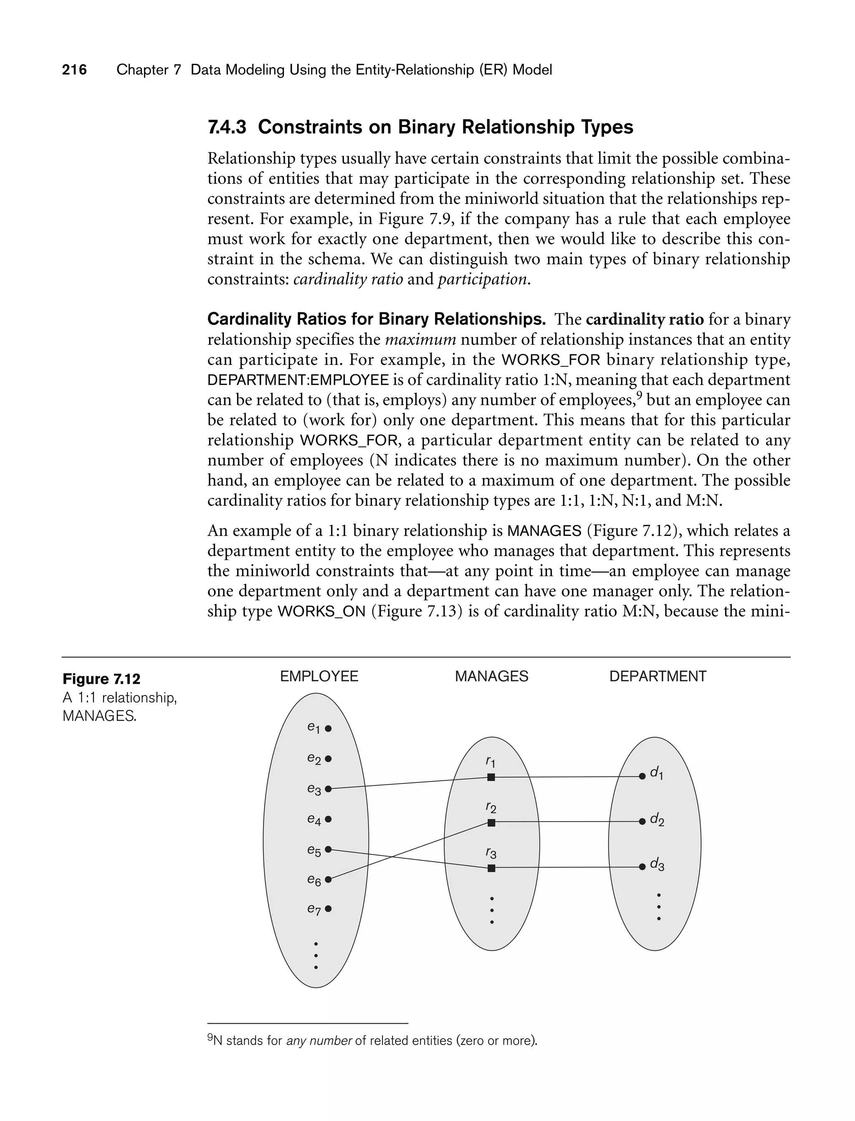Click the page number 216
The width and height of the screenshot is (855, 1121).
(x=74, y=70)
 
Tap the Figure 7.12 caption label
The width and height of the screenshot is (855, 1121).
(x=101, y=679)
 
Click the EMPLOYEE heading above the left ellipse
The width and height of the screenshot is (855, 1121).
(x=319, y=677)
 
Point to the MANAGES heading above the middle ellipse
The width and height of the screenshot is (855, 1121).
(x=492, y=677)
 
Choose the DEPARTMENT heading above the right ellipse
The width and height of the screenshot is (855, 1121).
(x=658, y=677)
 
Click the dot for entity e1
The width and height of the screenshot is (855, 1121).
(x=328, y=728)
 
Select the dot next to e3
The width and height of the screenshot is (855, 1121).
(x=328, y=789)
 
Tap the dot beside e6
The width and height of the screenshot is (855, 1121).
(x=328, y=879)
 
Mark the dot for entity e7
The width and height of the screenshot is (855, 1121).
(x=328, y=909)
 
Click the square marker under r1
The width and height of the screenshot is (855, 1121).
(x=491, y=777)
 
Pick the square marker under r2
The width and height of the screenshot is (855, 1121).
(x=491, y=823)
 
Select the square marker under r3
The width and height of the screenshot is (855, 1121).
(x=491, y=868)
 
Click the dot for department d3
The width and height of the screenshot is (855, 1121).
(x=642, y=867)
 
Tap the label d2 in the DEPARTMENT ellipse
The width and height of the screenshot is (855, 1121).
(x=657, y=820)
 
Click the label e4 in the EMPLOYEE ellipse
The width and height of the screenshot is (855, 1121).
(x=314, y=819)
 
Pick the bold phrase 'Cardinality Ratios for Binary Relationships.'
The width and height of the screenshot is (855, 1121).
(x=377, y=320)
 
